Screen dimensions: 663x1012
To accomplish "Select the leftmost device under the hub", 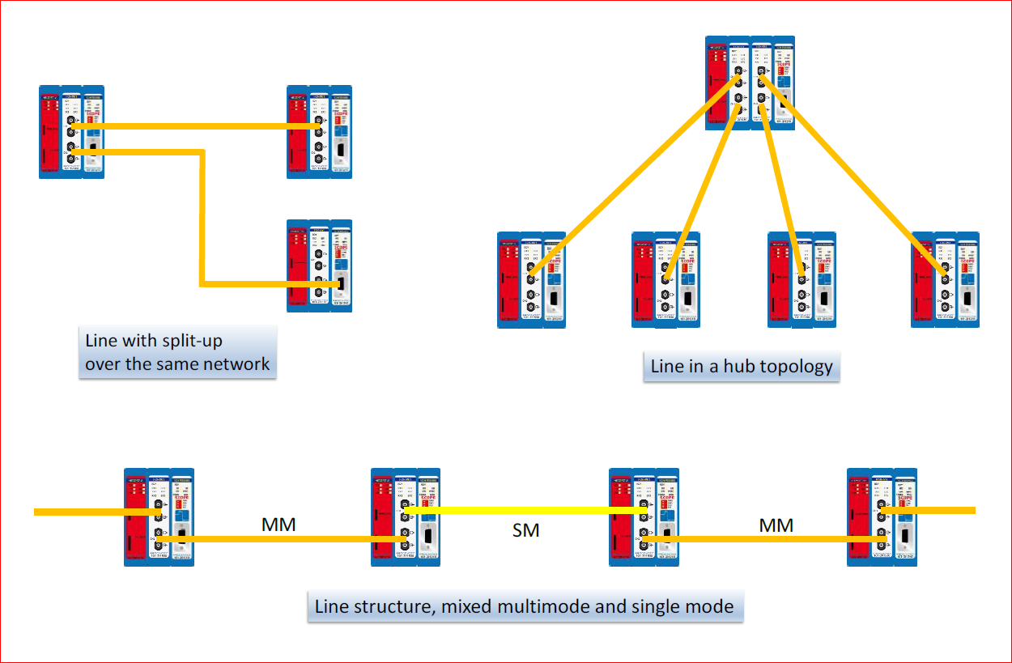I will [x=530, y=280].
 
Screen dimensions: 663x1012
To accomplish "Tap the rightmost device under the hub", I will [x=945, y=280].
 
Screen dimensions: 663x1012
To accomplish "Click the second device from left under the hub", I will [x=665, y=280].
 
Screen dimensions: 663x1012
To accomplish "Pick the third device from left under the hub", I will [x=802, y=280].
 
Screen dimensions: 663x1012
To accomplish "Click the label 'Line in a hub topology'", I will [x=742, y=367].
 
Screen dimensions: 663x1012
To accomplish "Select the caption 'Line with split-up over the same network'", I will [x=177, y=352].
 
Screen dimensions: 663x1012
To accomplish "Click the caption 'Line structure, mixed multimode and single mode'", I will [x=524, y=606].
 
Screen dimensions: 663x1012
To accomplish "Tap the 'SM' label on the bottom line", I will [x=525, y=531].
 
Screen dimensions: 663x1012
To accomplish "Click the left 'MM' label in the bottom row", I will [x=278, y=525].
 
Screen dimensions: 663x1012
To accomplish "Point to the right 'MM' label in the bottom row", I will [x=776, y=525].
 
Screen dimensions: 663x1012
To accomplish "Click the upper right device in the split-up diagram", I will [x=319, y=130].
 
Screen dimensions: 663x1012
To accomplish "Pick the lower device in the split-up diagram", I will [x=319, y=266].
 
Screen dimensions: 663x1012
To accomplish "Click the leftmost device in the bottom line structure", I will [x=159, y=516].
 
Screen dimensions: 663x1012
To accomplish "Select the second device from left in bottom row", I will [x=405, y=516].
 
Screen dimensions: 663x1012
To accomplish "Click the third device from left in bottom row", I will [x=643, y=516].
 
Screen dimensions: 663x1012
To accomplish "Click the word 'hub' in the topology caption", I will [x=724, y=367].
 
